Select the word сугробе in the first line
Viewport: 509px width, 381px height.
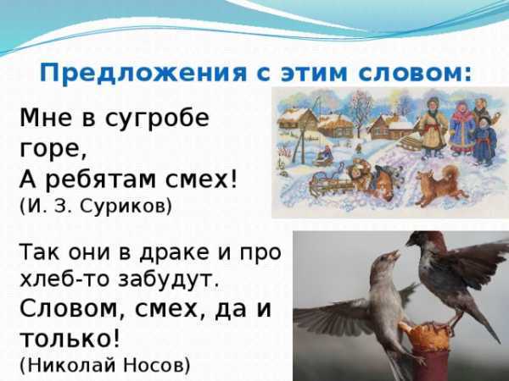[157, 119]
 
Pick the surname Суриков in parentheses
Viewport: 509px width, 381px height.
[126, 206]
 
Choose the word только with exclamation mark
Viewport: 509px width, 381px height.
[70, 338]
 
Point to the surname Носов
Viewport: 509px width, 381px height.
[154, 366]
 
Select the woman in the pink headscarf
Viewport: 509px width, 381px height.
[461, 127]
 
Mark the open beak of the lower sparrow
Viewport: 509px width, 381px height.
[394, 256]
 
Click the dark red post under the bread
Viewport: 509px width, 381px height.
[429, 363]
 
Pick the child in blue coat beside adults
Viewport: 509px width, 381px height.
[484, 140]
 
